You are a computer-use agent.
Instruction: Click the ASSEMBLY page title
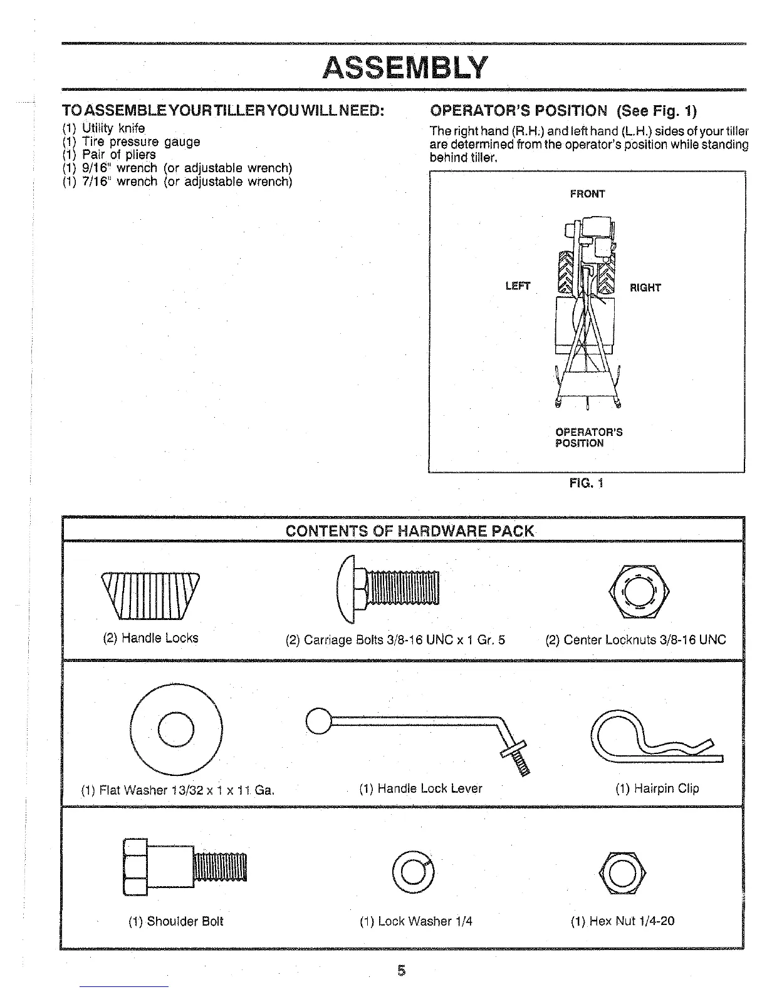(x=404, y=67)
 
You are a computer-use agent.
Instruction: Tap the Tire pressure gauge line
(x=131, y=142)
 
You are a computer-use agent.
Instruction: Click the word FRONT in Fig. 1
(x=587, y=194)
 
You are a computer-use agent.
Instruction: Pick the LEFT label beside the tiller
(x=518, y=286)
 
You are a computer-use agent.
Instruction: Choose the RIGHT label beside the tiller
(x=645, y=287)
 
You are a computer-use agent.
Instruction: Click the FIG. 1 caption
(x=587, y=483)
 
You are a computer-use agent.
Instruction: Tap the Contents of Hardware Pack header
(x=410, y=532)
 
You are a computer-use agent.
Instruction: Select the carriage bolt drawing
(x=389, y=589)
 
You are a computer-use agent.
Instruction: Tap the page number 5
(x=402, y=971)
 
